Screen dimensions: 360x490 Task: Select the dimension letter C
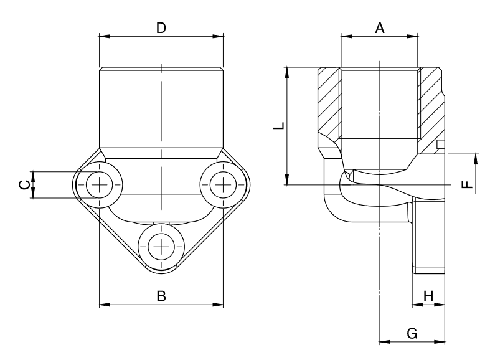pyautogui.click(x=23, y=184)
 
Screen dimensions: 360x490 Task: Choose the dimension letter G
pyautogui.click(x=412, y=333)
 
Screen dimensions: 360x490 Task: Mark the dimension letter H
pyautogui.click(x=428, y=295)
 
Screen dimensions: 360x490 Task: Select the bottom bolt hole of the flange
pyautogui.click(x=161, y=246)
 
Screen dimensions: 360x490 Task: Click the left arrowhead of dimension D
pyautogui.click(x=104, y=36)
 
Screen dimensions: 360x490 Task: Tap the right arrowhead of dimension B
pyautogui.click(x=219, y=305)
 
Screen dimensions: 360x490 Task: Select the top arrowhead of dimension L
pyautogui.click(x=287, y=70)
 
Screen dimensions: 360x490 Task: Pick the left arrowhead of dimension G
pyautogui.click(x=384, y=341)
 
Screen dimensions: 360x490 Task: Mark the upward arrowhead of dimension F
pyautogui.click(x=476, y=158)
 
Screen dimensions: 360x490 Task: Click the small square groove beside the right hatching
pyautogui.click(x=441, y=145)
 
